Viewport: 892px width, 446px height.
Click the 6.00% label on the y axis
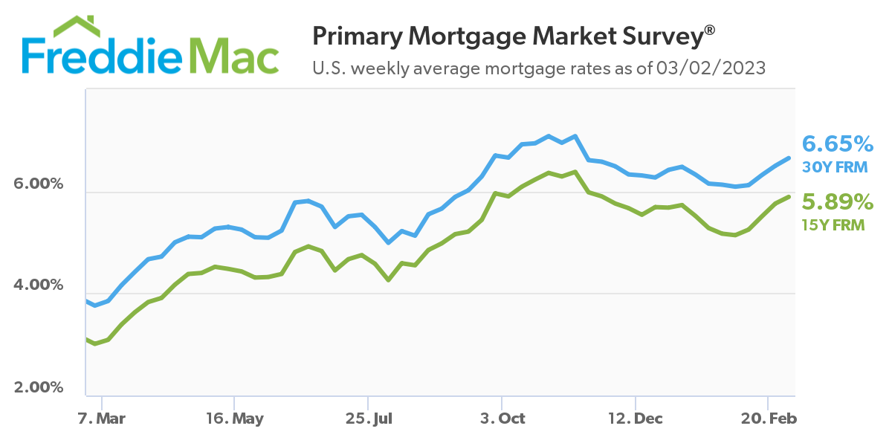[39, 184]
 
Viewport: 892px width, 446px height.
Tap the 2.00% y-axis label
[39, 388]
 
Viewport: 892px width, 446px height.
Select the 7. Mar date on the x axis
[101, 418]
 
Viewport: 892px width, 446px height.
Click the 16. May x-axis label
[234, 418]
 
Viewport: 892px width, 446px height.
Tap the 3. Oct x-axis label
[502, 418]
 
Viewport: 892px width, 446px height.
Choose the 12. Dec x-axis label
[636, 418]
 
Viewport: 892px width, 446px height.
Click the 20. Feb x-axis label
[770, 418]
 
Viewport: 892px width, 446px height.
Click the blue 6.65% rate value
[837, 143]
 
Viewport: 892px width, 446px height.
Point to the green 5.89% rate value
[837, 201]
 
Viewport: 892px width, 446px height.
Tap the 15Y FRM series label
[834, 224]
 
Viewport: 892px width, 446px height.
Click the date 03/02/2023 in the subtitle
[710, 68]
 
